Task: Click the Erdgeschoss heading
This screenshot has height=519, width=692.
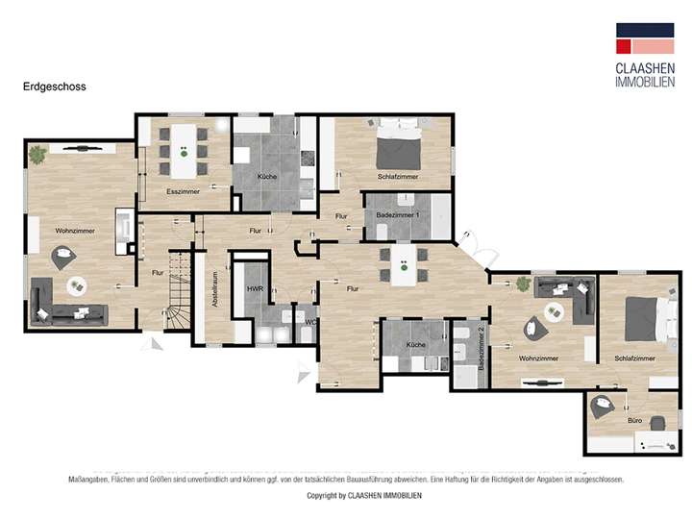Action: [x=54, y=86]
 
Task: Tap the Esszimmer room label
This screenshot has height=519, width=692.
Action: [x=183, y=192]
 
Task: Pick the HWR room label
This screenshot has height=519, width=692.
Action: [x=255, y=288]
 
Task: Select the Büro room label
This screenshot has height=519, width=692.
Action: [x=634, y=421]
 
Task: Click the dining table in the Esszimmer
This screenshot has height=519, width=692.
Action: [x=184, y=151]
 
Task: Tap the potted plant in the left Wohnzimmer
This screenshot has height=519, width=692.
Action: [x=37, y=153]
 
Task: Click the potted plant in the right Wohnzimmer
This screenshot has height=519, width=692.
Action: [x=523, y=284]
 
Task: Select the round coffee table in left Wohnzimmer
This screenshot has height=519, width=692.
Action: [x=75, y=285]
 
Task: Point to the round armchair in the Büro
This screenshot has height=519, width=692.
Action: [x=603, y=406]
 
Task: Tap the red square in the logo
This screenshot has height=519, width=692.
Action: [x=625, y=45]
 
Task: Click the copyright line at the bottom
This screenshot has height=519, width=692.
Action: [x=346, y=496]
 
